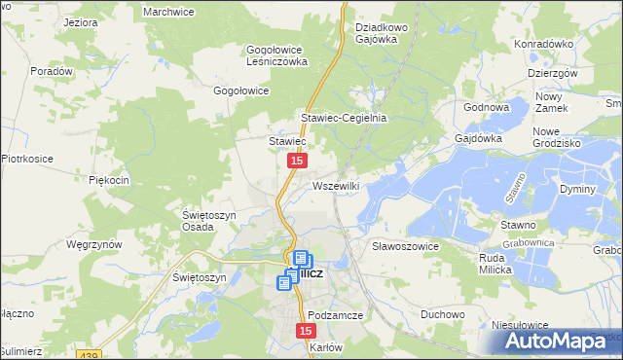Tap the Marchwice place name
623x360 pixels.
169,11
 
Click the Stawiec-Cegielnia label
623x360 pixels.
344,118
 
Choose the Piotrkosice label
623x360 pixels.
25,158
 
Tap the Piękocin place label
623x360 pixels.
109,180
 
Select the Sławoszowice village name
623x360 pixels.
406,247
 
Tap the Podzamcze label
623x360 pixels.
335,316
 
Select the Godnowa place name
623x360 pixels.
488,107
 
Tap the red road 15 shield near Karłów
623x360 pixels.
303,333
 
